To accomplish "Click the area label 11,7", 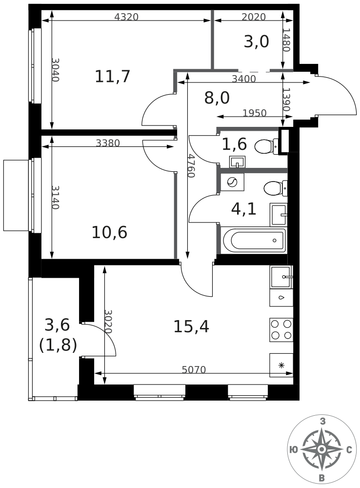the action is coord(112,77).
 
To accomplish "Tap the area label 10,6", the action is coord(110,232).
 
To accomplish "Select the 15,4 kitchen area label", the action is coord(191,326).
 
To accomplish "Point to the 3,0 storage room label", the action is coord(257,41).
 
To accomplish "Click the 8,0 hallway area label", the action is coord(217,98).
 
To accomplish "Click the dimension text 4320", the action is coord(126,17).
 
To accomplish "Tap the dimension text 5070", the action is coord(194,369).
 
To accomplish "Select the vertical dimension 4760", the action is coord(191,166).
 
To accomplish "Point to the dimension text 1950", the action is coord(255,113).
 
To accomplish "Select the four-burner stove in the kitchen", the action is coord(281,329).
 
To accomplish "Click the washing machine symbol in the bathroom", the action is coord(232,182).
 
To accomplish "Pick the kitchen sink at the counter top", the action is coord(281,277).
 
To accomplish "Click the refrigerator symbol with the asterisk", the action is coord(281,365).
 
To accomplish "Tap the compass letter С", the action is coord(349,450).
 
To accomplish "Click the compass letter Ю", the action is coord(293,450).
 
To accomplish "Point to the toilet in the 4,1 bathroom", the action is coord(276,188).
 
